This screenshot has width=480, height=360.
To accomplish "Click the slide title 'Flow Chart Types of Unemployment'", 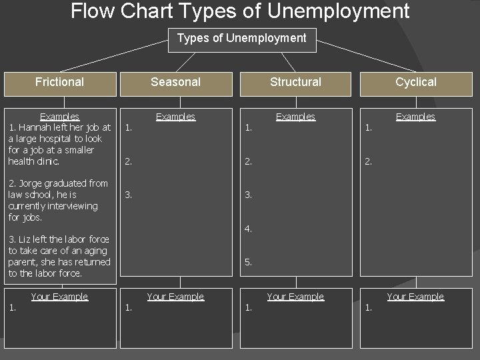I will pos(240,11).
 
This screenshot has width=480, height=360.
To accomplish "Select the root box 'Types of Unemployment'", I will pos(241,38).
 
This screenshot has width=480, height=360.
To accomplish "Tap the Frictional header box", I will pos(59,82).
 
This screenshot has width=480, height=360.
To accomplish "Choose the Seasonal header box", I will pos(175,82).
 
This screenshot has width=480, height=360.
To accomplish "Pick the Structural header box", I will pos(295,82).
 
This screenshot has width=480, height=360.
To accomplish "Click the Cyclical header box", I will pos(415,82).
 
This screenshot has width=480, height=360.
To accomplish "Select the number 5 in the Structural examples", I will pos(248,262).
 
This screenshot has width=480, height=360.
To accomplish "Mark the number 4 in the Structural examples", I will pos(248,229).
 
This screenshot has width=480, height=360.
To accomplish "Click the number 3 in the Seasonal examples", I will pos(129,195).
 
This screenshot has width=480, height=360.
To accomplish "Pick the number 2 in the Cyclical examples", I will pos(368,161).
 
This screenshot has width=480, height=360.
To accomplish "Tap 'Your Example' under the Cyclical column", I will pos(415,297).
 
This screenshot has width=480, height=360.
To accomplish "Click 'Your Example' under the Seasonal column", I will pos(175,297).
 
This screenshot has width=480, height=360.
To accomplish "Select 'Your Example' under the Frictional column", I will pos(59,297).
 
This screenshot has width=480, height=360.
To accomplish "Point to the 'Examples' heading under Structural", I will pos(295,117).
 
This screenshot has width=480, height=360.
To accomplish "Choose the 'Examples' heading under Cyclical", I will pos(415,117).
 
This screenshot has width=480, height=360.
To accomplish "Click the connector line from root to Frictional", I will pos(113,55).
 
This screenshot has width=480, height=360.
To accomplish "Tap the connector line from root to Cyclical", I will pos(366,55).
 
